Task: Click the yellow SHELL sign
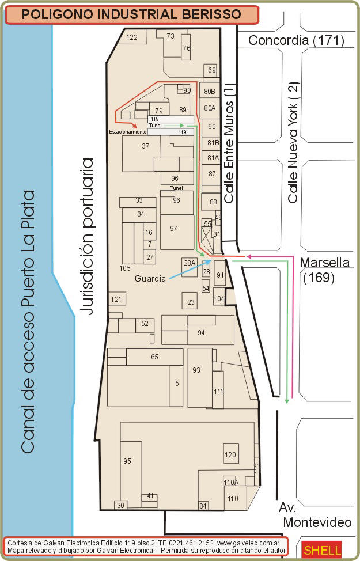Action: (322, 550)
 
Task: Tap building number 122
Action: (132, 37)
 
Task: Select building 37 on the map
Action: (141, 153)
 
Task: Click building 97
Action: (177, 232)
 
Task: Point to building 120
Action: (231, 453)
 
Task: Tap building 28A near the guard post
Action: (190, 267)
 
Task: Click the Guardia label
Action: (150, 278)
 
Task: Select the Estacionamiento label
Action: (128, 132)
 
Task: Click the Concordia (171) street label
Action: (296, 40)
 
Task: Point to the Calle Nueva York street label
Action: (293, 143)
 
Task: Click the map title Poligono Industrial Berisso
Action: (131, 14)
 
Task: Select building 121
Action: (116, 299)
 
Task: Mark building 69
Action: (211, 70)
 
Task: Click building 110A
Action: (231, 482)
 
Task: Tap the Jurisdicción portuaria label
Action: (87, 236)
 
